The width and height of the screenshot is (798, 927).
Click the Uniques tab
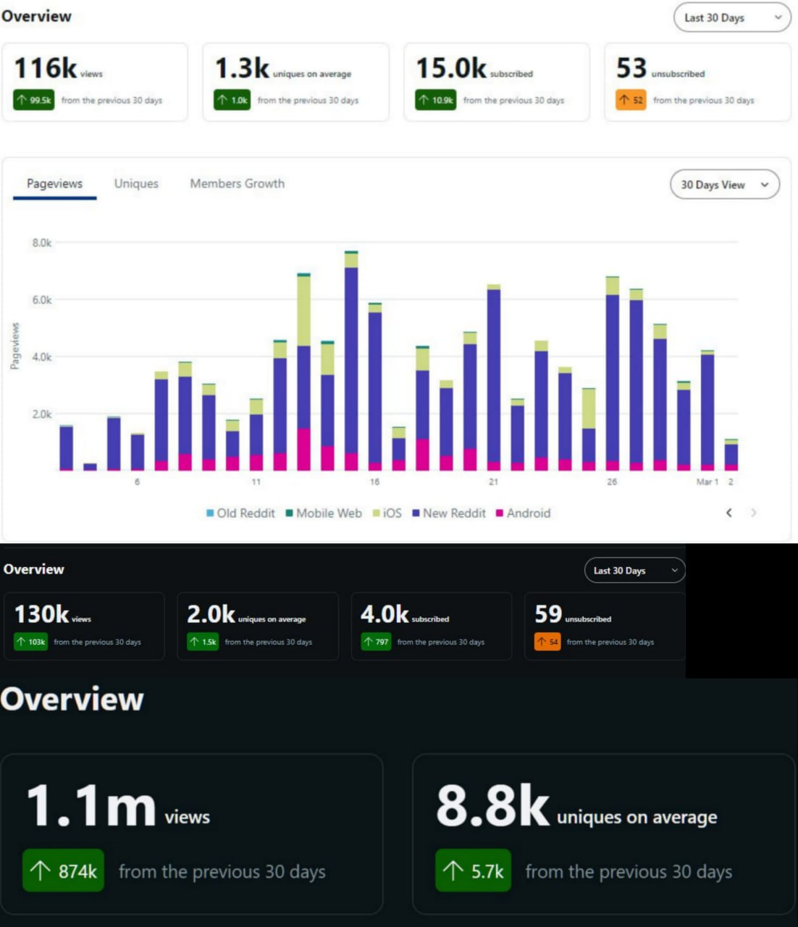tap(136, 183)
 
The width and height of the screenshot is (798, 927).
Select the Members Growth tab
tap(238, 183)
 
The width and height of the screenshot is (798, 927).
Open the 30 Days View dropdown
tap(725, 185)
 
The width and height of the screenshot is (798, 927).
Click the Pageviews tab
tap(55, 183)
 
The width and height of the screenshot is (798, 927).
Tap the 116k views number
tap(46, 68)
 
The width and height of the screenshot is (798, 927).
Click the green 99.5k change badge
tap(33, 100)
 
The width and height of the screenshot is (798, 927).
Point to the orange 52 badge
tap(631, 100)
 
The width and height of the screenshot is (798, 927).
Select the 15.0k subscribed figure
tap(451, 68)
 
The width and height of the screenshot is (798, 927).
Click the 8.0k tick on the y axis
tap(42, 243)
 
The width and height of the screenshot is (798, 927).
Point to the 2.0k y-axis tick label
tap(42, 414)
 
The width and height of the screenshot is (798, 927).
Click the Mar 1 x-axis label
tap(707, 482)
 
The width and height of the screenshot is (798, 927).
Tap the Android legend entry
tap(524, 513)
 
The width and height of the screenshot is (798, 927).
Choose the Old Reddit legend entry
tap(240, 513)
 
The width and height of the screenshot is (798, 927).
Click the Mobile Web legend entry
tap(324, 513)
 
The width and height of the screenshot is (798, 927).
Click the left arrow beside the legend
tap(729, 513)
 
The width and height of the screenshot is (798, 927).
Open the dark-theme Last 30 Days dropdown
tap(635, 571)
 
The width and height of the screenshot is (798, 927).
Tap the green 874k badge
tap(63, 870)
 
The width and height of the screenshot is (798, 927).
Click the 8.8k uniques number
tap(492, 806)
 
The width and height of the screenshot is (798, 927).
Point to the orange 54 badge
tap(547, 642)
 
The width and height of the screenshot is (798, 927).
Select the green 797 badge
tap(376, 642)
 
